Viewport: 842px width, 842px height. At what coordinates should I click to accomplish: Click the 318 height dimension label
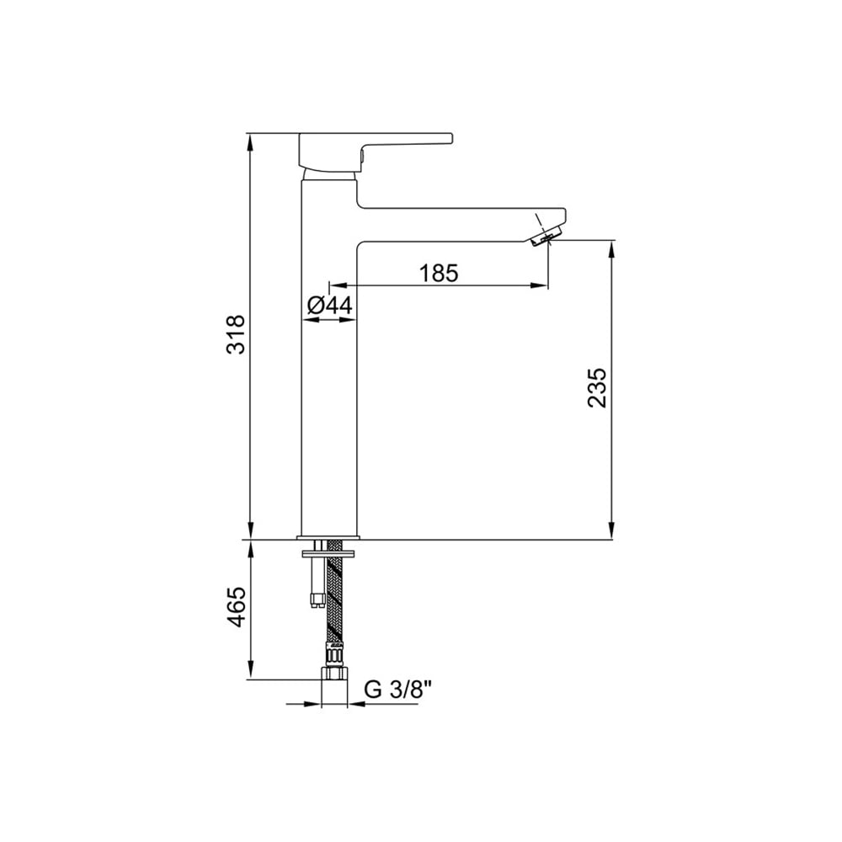click(236, 334)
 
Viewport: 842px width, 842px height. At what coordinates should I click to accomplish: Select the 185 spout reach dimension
click(439, 274)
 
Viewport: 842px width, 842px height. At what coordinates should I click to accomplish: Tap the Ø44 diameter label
click(330, 306)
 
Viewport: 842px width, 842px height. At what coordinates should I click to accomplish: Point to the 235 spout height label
click(597, 387)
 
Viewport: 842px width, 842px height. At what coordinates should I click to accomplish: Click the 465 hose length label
click(236, 607)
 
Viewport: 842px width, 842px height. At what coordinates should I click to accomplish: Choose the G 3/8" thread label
click(398, 690)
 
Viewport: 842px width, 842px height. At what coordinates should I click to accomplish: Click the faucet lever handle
click(376, 152)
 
